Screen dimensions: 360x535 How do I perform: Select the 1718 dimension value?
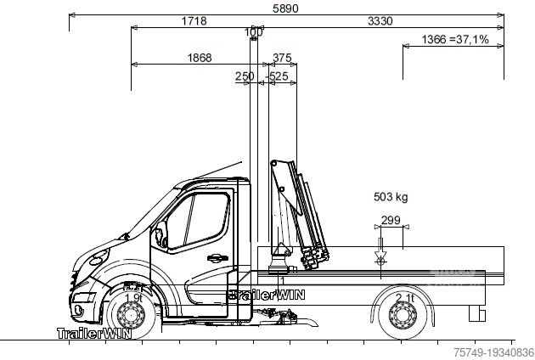point(194,21)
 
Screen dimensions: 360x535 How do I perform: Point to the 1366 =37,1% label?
point(455,40)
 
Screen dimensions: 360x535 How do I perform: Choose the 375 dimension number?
point(282,58)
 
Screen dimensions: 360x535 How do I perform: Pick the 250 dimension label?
point(245,76)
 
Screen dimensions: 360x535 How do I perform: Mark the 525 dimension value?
point(278,76)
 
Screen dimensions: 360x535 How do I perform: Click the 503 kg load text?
point(391,198)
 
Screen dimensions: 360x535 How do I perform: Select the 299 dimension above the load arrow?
point(391,220)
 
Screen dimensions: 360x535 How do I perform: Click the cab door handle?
point(216,257)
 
